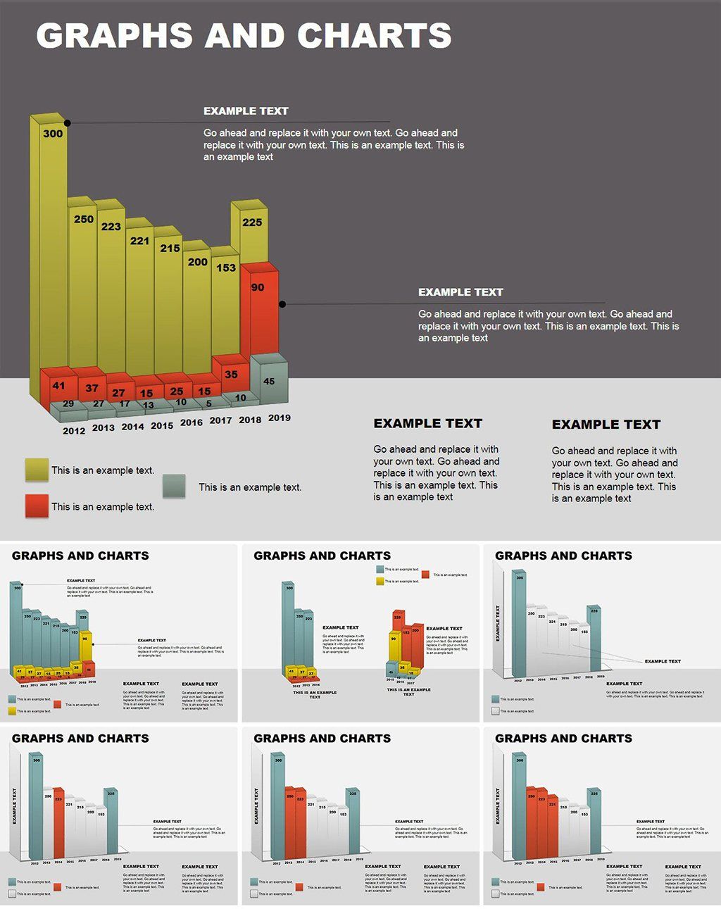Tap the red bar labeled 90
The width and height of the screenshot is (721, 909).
pos(258,310)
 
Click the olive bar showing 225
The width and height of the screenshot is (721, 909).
pos(253,232)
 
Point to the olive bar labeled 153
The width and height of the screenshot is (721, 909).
pos(225,303)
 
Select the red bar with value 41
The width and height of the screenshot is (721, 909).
pos(58,386)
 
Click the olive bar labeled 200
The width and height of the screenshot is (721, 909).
pos(197,310)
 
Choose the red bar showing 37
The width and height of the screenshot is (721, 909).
pos(92,388)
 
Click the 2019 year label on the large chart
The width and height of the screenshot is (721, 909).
pos(280,418)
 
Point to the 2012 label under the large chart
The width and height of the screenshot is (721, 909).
pos(74,430)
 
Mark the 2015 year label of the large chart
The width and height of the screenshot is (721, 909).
pos(162,425)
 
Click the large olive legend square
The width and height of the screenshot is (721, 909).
pos(37,470)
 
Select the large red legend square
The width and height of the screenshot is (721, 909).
pos(37,506)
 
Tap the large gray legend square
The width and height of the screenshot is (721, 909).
pos(174,486)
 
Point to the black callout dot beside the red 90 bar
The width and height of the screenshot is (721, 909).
pos(282,304)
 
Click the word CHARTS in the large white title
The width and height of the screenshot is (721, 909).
pos(374,35)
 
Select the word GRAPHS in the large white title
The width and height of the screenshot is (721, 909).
pos(114,35)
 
